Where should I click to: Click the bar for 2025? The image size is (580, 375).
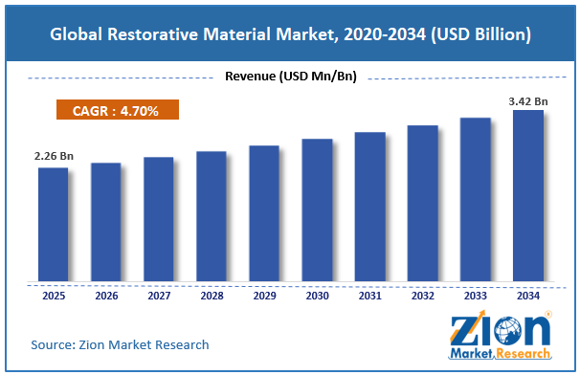click(54, 224)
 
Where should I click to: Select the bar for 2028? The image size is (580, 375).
click(212, 216)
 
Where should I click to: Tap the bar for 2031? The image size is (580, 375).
click(369, 207)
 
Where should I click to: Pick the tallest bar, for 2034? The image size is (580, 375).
click(528, 195)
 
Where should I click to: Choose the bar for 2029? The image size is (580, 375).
click(264, 213)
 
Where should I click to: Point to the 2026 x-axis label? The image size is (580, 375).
click(106, 296)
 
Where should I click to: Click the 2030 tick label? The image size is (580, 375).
click(318, 296)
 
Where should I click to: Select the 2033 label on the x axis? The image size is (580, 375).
click(476, 296)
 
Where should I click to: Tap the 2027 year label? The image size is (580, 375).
click(159, 296)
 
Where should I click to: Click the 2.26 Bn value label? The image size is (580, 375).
click(54, 156)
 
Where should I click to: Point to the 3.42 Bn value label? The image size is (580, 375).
click(528, 101)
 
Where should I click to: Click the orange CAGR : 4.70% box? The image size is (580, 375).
click(118, 109)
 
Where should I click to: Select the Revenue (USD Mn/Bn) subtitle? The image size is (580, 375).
click(291, 77)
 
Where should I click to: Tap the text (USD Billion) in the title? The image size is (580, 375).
click(480, 34)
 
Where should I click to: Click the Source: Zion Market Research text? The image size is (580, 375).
click(120, 344)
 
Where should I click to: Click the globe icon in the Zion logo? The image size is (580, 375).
click(508, 331)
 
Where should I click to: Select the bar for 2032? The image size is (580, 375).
click(423, 203)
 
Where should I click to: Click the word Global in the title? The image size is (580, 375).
click(76, 34)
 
